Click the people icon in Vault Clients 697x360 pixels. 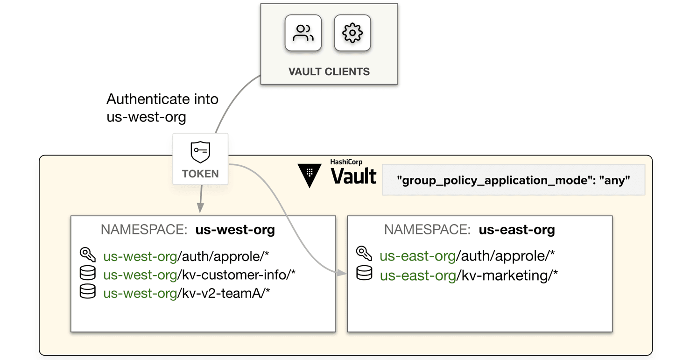click(x=303, y=33)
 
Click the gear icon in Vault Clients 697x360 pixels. click(x=352, y=33)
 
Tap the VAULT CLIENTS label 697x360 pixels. click(x=329, y=71)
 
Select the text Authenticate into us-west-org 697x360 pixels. click(x=162, y=108)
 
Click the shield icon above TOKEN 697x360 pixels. click(x=200, y=152)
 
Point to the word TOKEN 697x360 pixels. click(x=200, y=174)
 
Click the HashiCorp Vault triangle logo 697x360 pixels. click(x=310, y=176)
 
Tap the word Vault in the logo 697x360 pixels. click(x=353, y=176)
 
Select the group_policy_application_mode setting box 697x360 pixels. click(x=513, y=180)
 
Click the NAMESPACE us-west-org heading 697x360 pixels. click(x=188, y=230)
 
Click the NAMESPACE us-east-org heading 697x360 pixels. click(x=469, y=230)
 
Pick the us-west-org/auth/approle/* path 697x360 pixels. click(x=186, y=256)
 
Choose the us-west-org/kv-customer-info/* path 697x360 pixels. click(x=199, y=275)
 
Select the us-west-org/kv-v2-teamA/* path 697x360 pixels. click(x=187, y=293)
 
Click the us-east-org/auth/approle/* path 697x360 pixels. click(x=467, y=256)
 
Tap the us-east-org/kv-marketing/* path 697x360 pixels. click(x=469, y=275)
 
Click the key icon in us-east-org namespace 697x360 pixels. click(x=364, y=254)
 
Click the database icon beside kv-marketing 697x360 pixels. click(x=364, y=273)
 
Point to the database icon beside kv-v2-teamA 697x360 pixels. click(x=88, y=291)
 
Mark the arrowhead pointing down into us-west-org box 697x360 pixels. click(x=200, y=208)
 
